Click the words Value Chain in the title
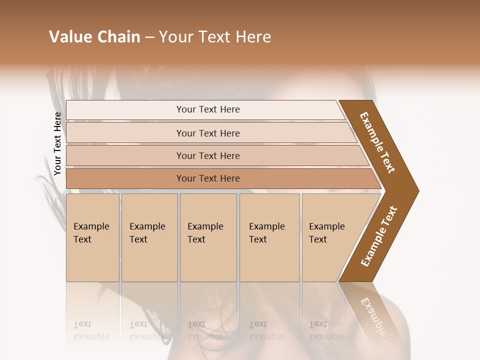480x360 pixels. coord(94,37)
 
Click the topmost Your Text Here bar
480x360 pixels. coord(208,109)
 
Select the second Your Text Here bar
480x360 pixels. coord(208,133)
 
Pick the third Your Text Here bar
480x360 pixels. coord(208,156)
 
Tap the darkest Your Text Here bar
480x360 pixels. coord(208,178)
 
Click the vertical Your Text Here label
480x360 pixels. coord(58,143)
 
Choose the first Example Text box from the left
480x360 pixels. coord(92,237)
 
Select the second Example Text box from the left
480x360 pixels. coord(149,237)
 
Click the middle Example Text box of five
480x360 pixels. coord(207,237)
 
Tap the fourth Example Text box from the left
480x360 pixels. coord(269,237)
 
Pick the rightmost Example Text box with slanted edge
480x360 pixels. coord(330,237)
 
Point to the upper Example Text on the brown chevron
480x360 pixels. coord(378,142)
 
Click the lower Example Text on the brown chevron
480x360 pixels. coord(379,236)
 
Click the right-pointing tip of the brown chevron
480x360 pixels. coord(416,191)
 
